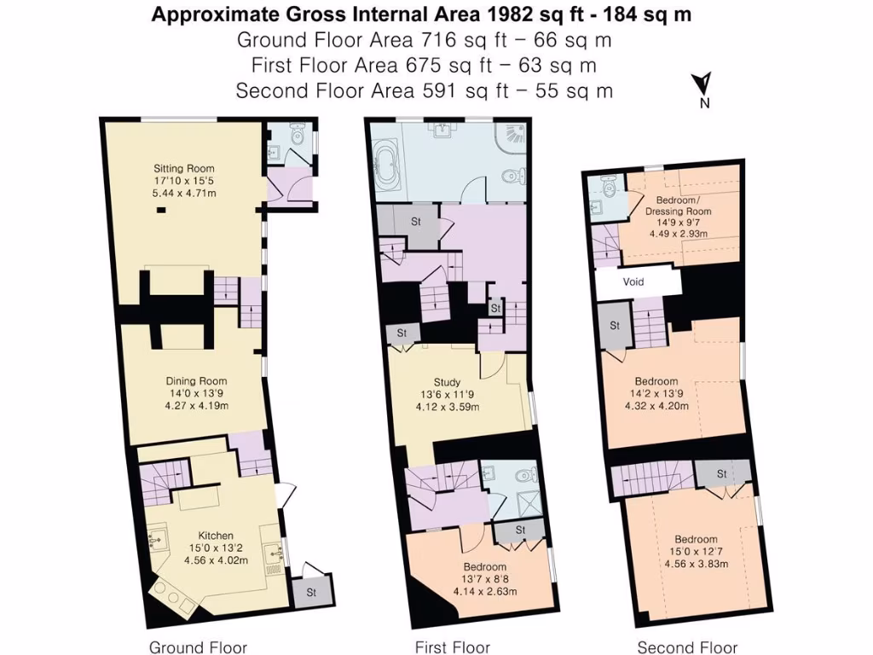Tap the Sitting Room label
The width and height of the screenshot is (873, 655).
click(183, 168)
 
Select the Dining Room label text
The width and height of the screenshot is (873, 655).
click(194, 381)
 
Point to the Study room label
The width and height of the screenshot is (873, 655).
click(447, 382)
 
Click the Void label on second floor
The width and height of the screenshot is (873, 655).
click(633, 282)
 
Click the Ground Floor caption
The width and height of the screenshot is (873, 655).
click(198, 647)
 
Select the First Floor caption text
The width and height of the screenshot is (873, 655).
click(453, 647)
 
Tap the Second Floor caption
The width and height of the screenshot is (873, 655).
click(687, 647)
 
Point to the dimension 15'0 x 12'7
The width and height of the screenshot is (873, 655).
click(696, 551)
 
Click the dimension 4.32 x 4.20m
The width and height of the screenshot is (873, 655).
click(656, 405)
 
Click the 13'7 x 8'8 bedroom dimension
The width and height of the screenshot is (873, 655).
click(484, 579)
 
